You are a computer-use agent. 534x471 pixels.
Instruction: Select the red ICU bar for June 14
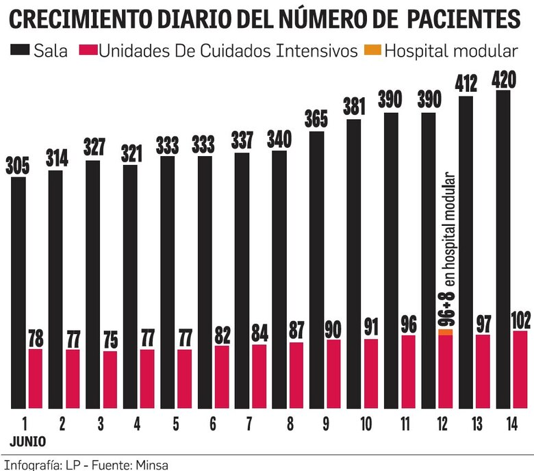[x=520, y=370]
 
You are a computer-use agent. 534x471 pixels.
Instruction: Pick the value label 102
[x=520, y=320]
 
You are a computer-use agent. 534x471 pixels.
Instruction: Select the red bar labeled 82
[x=222, y=377]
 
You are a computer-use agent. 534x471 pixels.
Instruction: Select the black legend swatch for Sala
[x=18, y=51]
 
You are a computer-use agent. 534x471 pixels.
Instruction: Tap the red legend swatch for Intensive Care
[x=89, y=51]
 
